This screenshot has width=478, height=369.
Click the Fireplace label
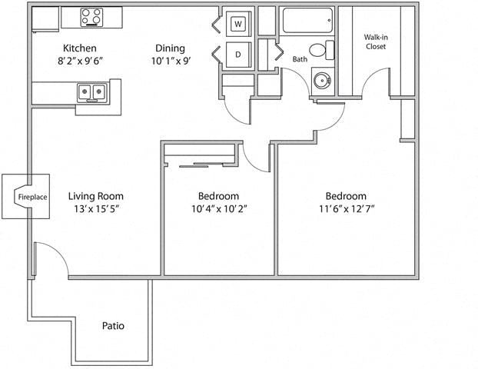tap(32, 198)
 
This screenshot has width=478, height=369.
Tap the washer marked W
tap(238, 24)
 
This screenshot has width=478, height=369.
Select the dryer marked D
tap(238, 55)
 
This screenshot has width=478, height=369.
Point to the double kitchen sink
tap(92, 92)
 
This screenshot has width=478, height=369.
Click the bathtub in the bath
tap(307, 20)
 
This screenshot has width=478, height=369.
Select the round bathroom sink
tap(322, 79)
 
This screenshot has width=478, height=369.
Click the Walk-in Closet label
tap(375, 41)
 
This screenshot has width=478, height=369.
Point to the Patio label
tap(113, 326)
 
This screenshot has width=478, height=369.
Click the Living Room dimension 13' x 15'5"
tap(95, 208)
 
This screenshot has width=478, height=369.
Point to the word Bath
tap(300, 59)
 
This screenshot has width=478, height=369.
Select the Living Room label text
tap(95, 196)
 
